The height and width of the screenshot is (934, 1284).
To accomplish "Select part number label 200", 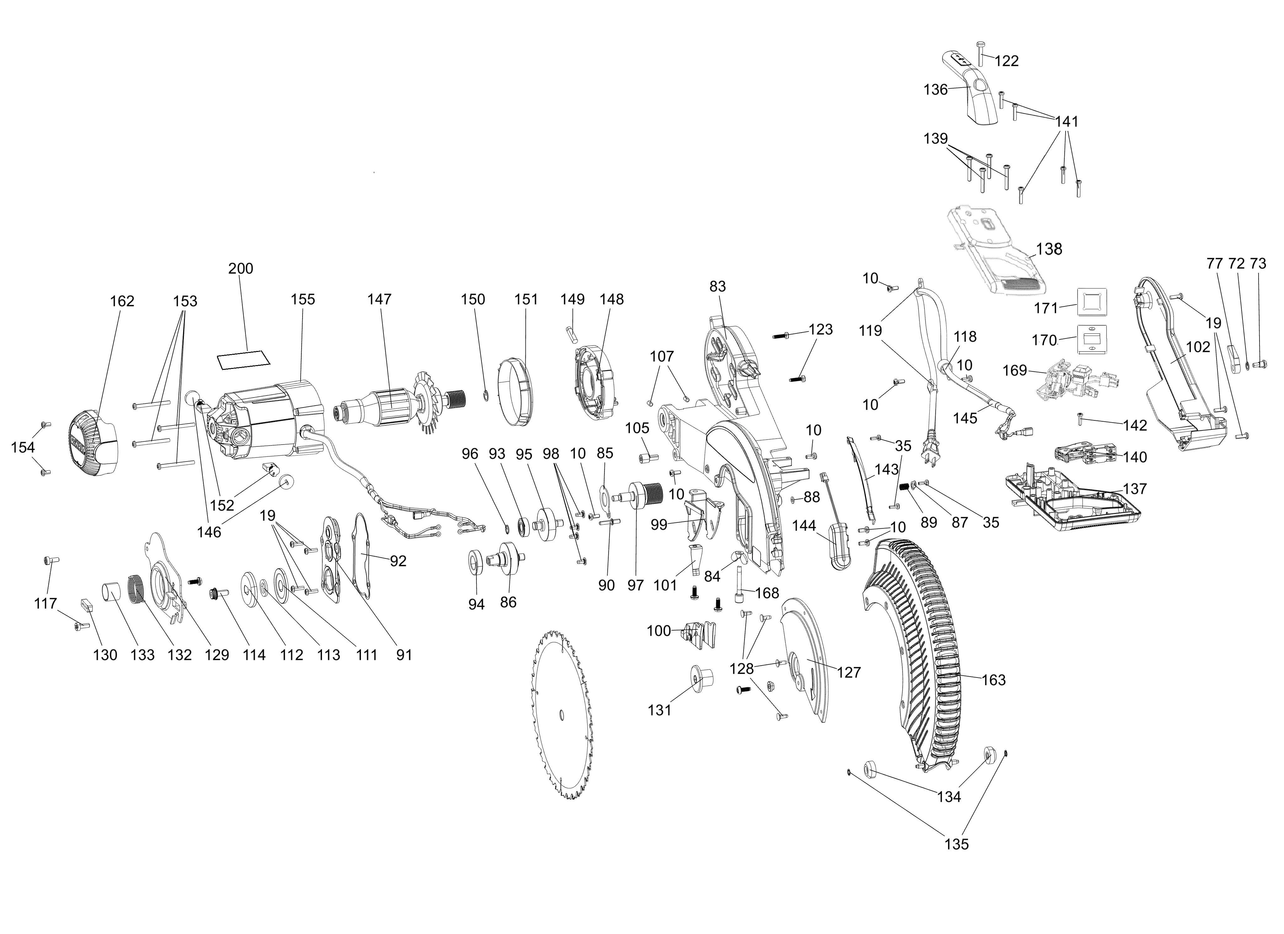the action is click(241, 268).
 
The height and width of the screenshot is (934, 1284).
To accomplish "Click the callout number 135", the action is click(956, 860).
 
